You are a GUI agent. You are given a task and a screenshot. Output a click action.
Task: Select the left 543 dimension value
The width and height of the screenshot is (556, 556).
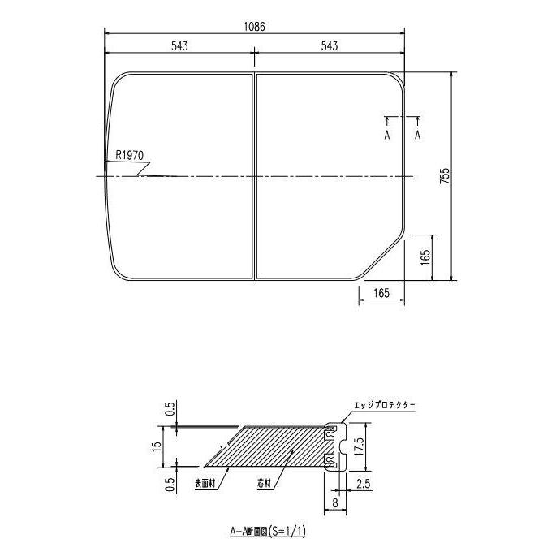coord(180,46)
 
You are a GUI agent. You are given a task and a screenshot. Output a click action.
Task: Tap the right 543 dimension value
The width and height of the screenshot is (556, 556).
coord(330,46)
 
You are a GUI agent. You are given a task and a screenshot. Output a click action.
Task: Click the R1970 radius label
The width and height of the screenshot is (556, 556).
coord(130,154)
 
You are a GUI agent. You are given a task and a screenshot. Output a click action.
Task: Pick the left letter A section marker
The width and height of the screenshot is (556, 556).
coord(386,135)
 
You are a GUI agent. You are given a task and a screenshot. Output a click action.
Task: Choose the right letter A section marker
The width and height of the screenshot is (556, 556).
coord(418,135)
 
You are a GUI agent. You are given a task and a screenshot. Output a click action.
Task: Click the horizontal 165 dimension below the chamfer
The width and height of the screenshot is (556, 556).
coord(381,292)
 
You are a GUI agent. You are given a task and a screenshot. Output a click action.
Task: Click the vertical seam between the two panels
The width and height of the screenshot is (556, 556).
coord(255,176)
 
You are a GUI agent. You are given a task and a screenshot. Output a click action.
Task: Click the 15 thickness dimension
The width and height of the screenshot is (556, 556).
coord(165,446)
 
